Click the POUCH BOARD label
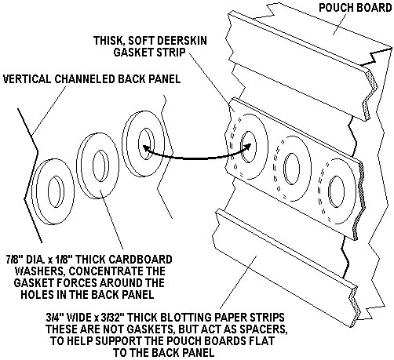(x=355, y=8)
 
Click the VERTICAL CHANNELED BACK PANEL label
(x=92, y=78)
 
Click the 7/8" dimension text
(x=15, y=259)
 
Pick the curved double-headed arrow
(x=196, y=158)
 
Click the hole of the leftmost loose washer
(x=56, y=191)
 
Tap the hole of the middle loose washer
(x=100, y=165)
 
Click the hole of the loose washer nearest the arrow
(x=146, y=144)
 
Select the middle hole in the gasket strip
(x=292, y=169)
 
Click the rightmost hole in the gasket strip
(x=337, y=191)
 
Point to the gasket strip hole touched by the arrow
(x=248, y=147)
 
